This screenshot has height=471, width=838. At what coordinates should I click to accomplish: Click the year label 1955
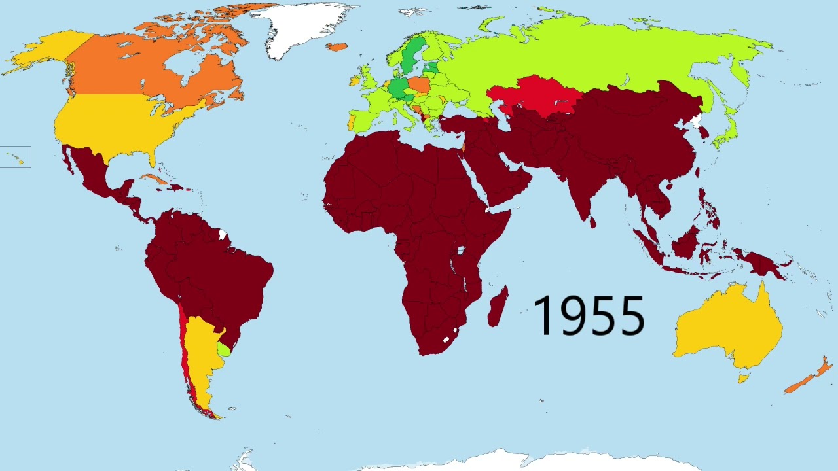[x=589, y=316]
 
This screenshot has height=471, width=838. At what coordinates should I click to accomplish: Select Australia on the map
[x=727, y=327]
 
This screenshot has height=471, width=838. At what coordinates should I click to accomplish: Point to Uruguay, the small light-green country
[x=224, y=349]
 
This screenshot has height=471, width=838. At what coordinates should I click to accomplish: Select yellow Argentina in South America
[x=200, y=353]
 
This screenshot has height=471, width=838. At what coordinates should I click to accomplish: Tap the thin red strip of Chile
[x=184, y=347]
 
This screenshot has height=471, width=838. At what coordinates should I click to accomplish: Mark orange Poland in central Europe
[x=419, y=86]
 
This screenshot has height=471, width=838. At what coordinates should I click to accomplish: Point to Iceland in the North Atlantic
[x=337, y=46]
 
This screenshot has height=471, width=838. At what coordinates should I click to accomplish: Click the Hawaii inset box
[x=15, y=157]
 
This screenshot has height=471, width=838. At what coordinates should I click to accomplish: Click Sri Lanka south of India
[x=593, y=222]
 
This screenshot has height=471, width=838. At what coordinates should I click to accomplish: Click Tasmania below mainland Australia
[x=742, y=377]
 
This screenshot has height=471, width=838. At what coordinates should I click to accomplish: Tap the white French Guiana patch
[x=223, y=234]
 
